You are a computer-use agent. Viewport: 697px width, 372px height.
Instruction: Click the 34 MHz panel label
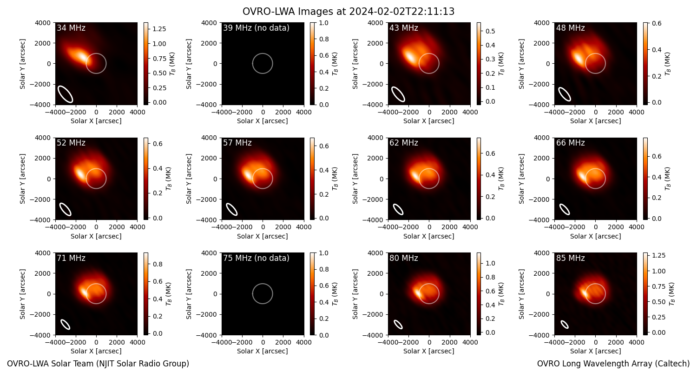(x=71, y=28)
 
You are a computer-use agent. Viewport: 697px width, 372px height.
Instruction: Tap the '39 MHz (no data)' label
(x=256, y=28)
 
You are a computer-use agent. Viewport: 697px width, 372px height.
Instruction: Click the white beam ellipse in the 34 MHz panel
(x=66, y=94)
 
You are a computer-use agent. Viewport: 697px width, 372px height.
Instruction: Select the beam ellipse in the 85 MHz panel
(x=565, y=325)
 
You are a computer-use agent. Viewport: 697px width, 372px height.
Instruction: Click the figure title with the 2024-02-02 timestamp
(x=348, y=11)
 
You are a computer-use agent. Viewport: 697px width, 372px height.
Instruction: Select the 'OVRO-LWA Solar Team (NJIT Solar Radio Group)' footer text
(x=98, y=364)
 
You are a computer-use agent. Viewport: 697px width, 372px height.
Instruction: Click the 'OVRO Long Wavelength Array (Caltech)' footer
(x=613, y=364)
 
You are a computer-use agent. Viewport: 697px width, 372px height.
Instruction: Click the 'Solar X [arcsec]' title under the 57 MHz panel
(x=263, y=236)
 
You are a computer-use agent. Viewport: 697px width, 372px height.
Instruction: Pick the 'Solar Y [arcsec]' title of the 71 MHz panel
(x=22, y=294)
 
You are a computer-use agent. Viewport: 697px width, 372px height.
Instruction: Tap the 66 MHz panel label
(x=570, y=143)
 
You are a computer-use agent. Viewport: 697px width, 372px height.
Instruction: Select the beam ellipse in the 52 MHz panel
(x=66, y=209)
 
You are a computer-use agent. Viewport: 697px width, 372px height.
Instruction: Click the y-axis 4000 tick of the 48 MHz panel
(x=542, y=23)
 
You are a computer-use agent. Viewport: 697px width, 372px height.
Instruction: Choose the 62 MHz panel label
(x=404, y=143)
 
